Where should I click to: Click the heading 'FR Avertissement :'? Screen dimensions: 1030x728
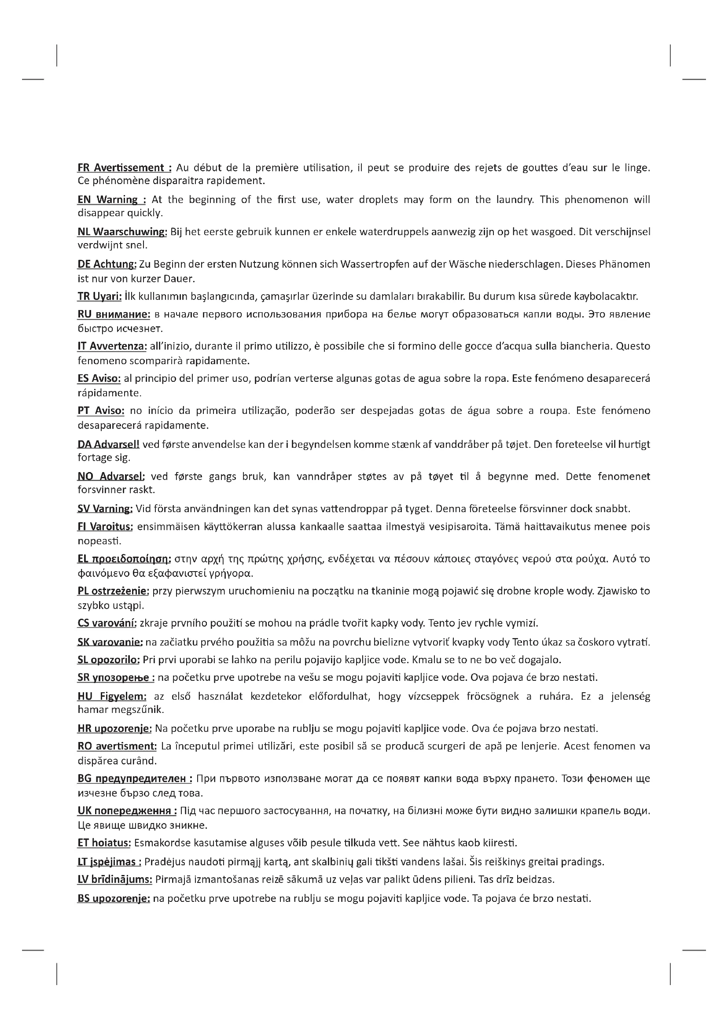click(x=124, y=168)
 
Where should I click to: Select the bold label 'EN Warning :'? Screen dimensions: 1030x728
click(x=112, y=200)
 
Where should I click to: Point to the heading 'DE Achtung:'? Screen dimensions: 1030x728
click(x=107, y=264)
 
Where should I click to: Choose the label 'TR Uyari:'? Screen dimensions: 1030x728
click(x=99, y=296)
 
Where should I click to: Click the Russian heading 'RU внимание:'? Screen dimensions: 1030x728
click(x=114, y=314)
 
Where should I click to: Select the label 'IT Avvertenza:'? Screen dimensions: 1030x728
click(x=112, y=346)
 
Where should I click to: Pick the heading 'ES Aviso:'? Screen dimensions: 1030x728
click(x=99, y=379)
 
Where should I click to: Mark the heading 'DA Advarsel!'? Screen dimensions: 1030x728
click(x=108, y=445)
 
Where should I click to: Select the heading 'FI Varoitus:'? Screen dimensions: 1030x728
click(x=105, y=527)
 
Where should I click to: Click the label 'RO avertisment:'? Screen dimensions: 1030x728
click(x=117, y=746)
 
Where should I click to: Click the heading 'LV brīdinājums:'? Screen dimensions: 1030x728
click(x=115, y=880)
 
